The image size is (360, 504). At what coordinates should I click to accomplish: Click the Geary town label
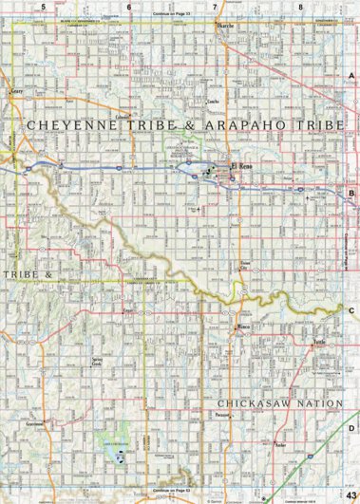pos(16,92)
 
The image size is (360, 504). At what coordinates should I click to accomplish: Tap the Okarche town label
pos(224,26)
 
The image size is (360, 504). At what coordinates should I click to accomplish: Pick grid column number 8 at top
pos(300,7)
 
